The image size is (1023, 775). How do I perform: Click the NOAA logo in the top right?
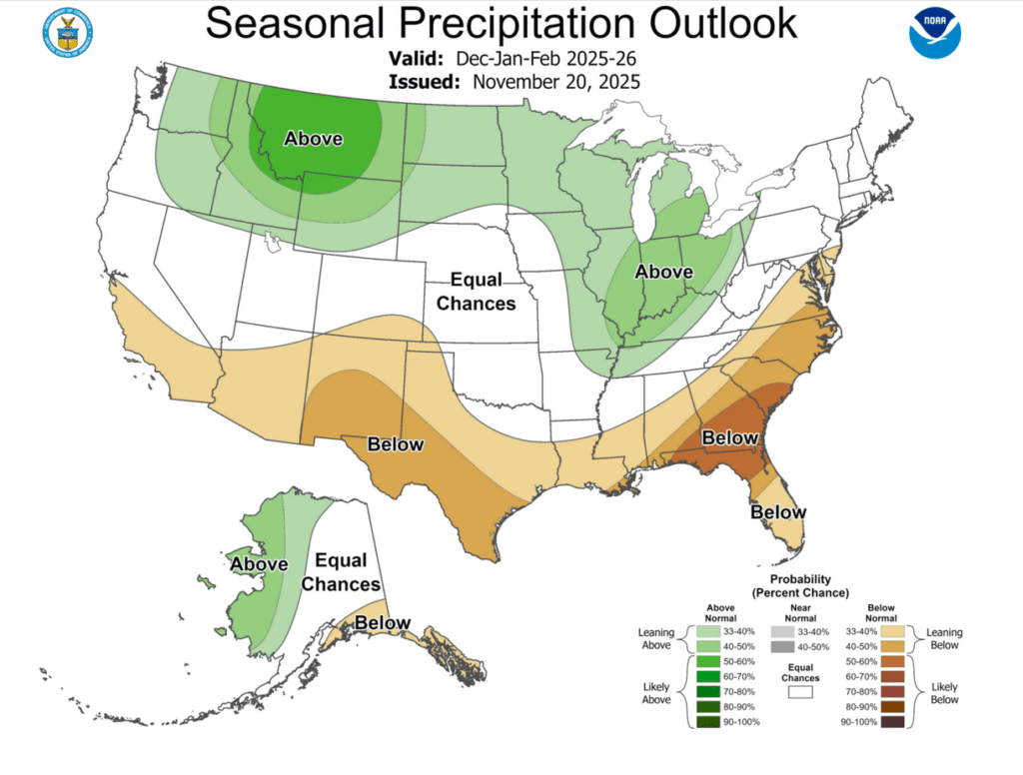click(x=934, y=33)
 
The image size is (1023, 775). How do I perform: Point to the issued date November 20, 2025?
click(x=555, y=82)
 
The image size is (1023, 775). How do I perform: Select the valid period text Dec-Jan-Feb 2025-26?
click(x=545, y=59)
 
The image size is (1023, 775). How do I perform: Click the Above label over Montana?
click(x=314, y=139)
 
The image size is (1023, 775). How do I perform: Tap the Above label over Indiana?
click(x=664, y=271)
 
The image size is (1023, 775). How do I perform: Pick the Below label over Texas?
click(x=396, y=443)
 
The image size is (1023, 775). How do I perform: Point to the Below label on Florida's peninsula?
click(x=778, y=511)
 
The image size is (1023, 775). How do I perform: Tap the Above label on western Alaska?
click(x=259, y=564)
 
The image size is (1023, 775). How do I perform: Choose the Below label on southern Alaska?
click(x=383, y=623)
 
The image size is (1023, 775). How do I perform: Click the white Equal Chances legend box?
click(x=799, y=690)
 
